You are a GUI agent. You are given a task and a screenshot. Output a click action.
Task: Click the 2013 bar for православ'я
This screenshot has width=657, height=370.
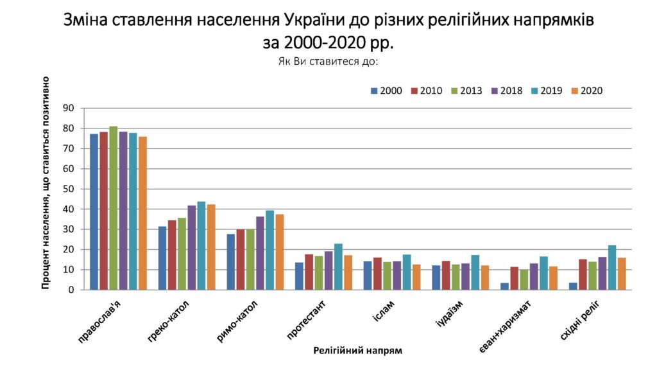pyautogui.click(x=114, y=208)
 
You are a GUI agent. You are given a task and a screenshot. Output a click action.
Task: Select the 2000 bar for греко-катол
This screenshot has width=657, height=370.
pyautogui.click(x=162, y=258)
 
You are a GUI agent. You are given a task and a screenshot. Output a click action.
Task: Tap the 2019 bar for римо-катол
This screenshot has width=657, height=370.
pyautogui.click(x=269, y=250)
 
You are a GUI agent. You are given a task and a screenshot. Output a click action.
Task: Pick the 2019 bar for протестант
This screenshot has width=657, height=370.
pyautogui.click(x=338, y=267)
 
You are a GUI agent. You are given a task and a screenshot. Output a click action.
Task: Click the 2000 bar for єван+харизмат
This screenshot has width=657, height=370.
pyautogui.click(x=505, y=286)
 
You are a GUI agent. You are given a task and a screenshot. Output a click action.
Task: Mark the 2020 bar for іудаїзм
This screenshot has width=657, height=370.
pyautogui.click(x=485, y=277)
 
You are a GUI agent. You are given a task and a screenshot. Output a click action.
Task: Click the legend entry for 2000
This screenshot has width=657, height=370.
pyautogui.click(x=386, y=91)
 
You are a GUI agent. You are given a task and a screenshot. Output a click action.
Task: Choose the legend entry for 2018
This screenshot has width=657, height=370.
pyautogui.click(x=507, y=91)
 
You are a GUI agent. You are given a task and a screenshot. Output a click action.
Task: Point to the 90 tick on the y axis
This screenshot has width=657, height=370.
pyautogui.click(x=69, y=109)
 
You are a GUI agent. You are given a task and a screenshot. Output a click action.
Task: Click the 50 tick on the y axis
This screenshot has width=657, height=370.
pyautogui.click(x=69, y=189)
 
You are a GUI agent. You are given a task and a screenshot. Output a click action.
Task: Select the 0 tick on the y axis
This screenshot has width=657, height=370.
pyautogui.click(x=72, y=290)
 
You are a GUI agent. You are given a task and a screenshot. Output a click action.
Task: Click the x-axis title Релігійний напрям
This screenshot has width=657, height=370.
pyautogui.click(x=358, y=351)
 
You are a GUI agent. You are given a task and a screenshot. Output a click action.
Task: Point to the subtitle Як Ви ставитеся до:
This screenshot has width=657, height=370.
pyautogui.click(x=328, y=62)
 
